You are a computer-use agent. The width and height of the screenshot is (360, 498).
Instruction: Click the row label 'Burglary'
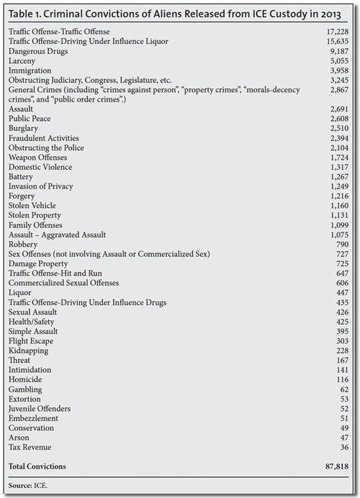[x=24, y=127]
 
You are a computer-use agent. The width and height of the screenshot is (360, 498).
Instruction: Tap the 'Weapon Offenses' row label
[x=37, y=157]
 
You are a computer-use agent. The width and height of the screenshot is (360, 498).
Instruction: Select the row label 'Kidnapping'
[x=28, y=350]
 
